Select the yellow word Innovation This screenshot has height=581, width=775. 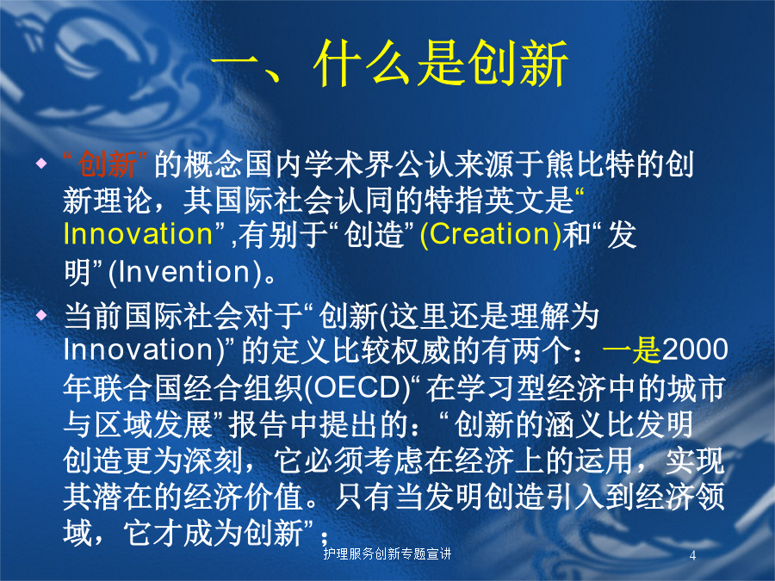point(138,233)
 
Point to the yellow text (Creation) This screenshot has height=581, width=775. point(490,234)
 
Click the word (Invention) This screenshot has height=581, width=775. point(185,272)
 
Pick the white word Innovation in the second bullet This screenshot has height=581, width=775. point(138,349)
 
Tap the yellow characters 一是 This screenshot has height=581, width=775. point(632,349)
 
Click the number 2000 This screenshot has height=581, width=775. point(694,349)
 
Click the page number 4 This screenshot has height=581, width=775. point(692,555)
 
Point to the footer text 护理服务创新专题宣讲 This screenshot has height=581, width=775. point(387,553)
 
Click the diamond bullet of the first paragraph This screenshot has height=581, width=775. point(42,163)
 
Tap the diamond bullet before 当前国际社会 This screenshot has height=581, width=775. point(42,314)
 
